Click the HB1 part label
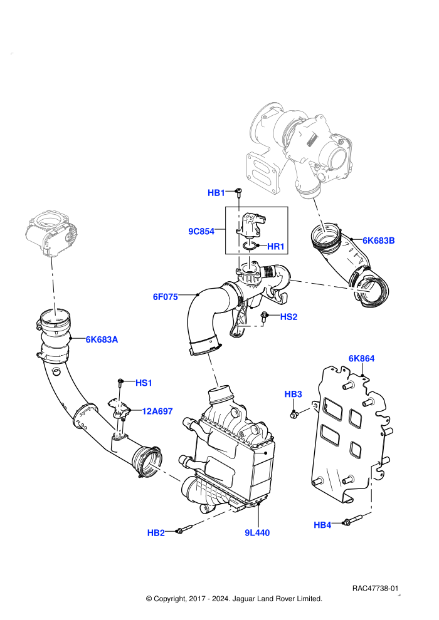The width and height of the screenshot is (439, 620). coord(216,193)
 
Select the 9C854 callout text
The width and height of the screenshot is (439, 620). coord(201,231)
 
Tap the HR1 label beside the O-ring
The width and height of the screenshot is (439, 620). coord(276,247)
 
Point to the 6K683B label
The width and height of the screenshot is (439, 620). coord(378,240)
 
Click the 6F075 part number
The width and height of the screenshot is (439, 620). coord(166,297)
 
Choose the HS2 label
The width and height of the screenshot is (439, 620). coord(288,317)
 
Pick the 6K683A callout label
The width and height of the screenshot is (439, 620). coord(102,339)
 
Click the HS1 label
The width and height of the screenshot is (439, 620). coord(144,383)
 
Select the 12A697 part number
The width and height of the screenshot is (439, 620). coord(157,411)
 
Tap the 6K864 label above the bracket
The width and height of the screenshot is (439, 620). coord(361,358)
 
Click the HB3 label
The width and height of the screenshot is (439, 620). coord(294,394)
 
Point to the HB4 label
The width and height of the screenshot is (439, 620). coord(322,525)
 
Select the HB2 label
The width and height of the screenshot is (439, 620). coord(156,532)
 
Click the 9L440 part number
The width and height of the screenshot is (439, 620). coord(257,532)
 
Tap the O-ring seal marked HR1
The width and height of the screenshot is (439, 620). coord(249,247)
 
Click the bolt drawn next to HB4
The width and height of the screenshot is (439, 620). coord(353,520)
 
